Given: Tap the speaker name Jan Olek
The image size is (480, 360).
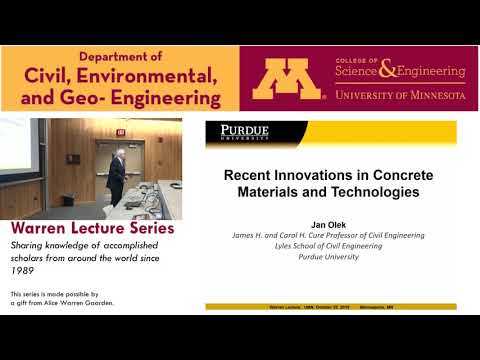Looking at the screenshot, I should tap(330, 226).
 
